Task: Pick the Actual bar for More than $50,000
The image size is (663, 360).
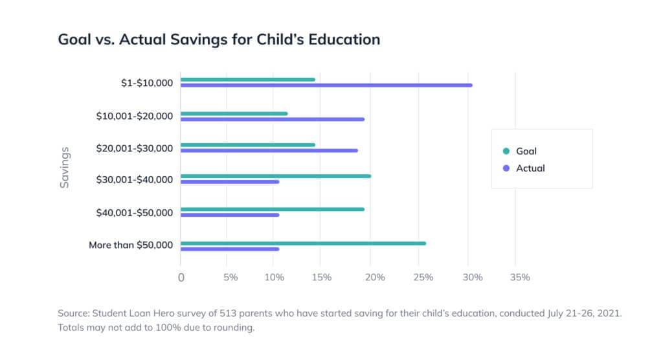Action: (230, 249)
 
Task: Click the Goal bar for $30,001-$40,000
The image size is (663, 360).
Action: (276, 176)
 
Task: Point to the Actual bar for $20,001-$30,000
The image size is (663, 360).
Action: (269, 150)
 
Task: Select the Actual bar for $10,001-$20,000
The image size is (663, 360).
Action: (273, 119)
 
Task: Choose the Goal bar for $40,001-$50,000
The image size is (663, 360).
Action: (273, 209)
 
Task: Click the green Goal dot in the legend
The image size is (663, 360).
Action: (506, 152)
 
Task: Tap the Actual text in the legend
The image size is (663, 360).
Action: (530, 168)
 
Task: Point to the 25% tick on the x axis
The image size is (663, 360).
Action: (423, 277)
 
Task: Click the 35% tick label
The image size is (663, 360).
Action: (520, 277)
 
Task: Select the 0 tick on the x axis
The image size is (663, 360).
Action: (181, 277)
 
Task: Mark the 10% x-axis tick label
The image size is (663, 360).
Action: (275, 277)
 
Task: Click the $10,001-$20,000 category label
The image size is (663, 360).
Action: (134, 116)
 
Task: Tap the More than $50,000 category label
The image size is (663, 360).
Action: (131, 245)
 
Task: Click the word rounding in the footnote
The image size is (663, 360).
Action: (237, 328)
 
